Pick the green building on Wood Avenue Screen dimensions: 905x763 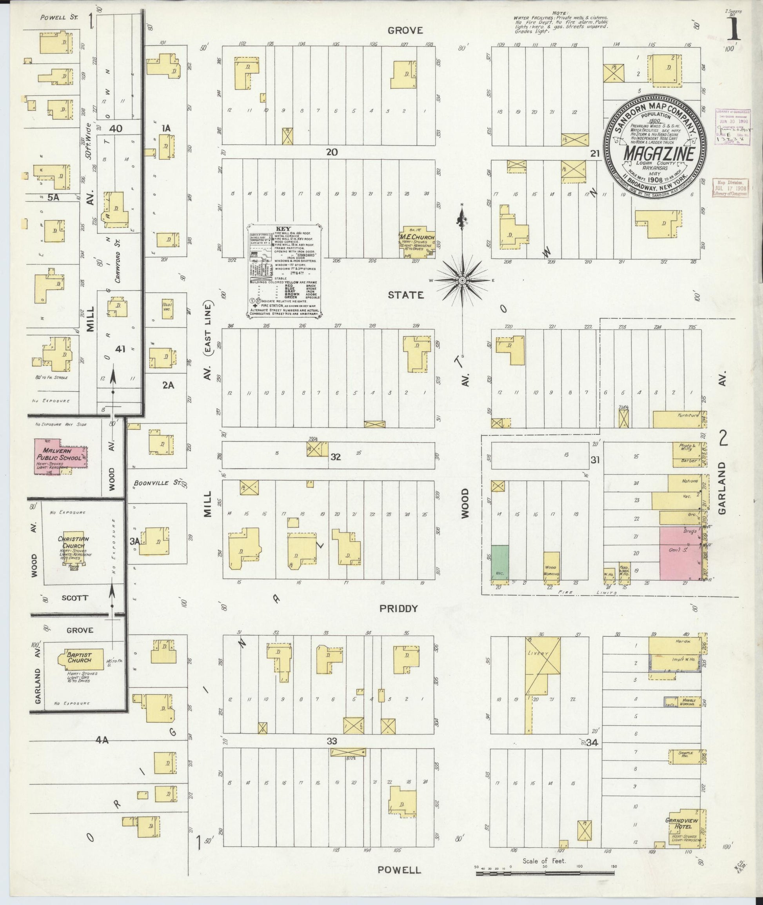500,562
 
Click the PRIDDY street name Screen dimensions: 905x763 398,608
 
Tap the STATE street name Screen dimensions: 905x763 405,295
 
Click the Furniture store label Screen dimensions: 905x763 688,416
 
